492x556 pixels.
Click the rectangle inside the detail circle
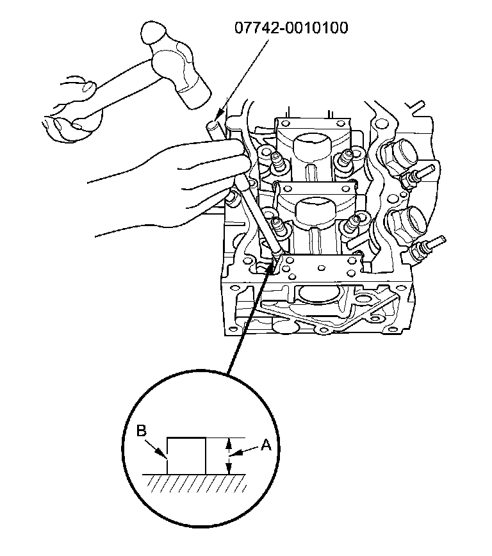[186, 455]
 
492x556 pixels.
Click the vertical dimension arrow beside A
[228, 456]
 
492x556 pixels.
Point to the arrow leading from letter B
[158, 446]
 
